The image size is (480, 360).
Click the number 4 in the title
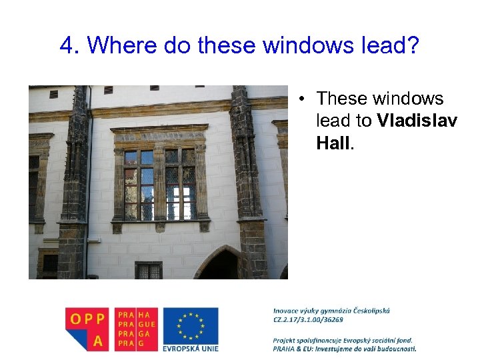pyautogui.click(x=66, y=46)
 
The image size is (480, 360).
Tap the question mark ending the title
pyautogui.click(x=412, y=46)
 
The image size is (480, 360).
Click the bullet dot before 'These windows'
pyautogui.click(x=302, y=99)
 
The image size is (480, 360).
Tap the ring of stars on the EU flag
pyautogui.click(x=191, y=325)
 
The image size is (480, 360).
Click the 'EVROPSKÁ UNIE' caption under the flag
pyautogui.click(x=191, y=347)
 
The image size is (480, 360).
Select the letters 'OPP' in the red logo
pyautogui.click(x=88, y=318)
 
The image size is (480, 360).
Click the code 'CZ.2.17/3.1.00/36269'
pyautogui.click(x=308, y=319)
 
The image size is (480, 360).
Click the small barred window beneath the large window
pyautogui.click(x=148, y=270)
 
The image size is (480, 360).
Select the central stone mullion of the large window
pyautogui.click(x=160, y=183)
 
